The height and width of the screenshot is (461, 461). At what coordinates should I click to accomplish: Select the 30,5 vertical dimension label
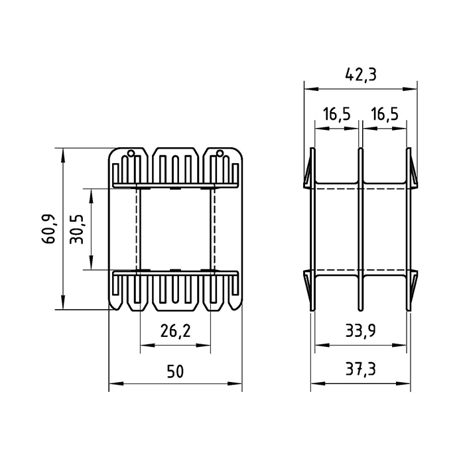click(77, 229)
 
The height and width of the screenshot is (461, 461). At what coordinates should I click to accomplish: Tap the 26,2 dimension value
click(175, 330)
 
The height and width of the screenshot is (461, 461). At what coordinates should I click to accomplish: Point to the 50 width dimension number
click(175, 371)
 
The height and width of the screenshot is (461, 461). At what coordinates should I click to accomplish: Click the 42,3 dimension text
click(361, 75)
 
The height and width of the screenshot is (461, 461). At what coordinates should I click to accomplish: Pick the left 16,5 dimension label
click(337, 114)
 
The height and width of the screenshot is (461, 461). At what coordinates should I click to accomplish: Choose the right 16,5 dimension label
click(385, 114)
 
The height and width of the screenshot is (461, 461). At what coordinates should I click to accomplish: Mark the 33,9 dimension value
click(360, 331)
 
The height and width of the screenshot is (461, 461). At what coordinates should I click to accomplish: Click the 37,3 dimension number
click(360, 369)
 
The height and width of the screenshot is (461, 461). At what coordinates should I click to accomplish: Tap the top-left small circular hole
click(131, 153)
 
